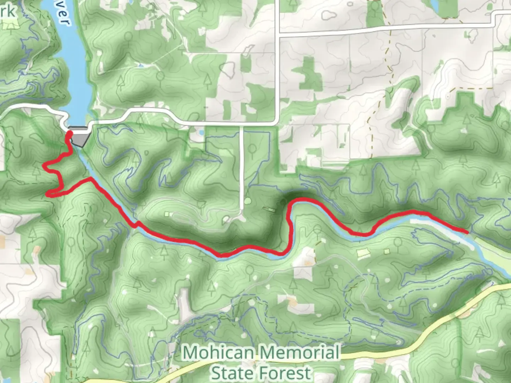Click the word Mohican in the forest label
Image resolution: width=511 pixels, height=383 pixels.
218,353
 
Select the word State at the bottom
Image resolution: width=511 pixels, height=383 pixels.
233,373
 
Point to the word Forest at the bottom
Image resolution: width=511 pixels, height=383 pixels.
286,373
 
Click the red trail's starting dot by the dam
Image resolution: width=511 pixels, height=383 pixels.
70,133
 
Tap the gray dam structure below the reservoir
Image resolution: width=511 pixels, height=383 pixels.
80,137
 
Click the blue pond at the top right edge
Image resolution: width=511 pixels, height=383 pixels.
434,4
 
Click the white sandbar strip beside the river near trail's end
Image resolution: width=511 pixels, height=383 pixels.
426,222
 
